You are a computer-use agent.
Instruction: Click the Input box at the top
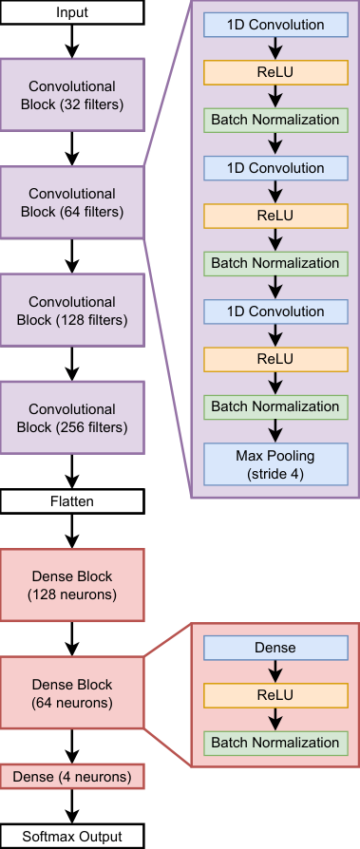(72, 12)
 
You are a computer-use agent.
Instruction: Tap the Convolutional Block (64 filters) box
(72, 202)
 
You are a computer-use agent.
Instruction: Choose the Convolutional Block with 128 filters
(72, 310)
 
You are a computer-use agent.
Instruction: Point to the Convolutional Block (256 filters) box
(72, 418)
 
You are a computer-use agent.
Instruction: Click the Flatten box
(72, 500)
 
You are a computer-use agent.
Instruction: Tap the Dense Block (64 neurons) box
(72, 692)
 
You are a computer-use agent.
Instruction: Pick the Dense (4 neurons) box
(72, 776)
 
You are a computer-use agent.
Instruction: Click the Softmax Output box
(72, 836)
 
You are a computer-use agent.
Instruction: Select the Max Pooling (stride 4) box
(275, 463)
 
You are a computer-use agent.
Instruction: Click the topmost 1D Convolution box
(275, 25)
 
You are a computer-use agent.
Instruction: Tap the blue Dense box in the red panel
(275, 648)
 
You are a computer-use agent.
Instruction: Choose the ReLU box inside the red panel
(275, 695)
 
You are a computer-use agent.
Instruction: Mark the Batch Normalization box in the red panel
(275, 743)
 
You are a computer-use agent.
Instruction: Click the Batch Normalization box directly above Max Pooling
(275, 406)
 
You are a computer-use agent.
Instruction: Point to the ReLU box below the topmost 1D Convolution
(275, 72)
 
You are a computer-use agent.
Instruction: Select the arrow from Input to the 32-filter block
(72, 42)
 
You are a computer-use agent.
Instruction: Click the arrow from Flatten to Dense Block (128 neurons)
(72, 530)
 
